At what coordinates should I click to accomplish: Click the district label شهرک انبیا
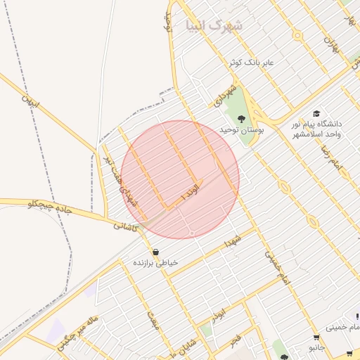[x=214, y=26]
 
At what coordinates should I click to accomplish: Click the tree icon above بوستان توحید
[x=241, y=118]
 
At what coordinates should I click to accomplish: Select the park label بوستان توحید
[x=241, y=130]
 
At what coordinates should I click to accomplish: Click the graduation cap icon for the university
[x=316, y=114]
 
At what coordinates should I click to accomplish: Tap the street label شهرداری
[x=222, y=96]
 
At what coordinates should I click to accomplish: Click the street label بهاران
[x=330, y=44]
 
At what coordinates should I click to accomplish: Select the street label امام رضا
[x=330, y=160]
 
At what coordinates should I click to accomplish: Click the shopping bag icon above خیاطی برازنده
[x=155, y=252]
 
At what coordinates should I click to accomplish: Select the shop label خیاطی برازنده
[x=156, y=262]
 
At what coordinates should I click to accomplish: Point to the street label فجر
[x=235, y=341]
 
